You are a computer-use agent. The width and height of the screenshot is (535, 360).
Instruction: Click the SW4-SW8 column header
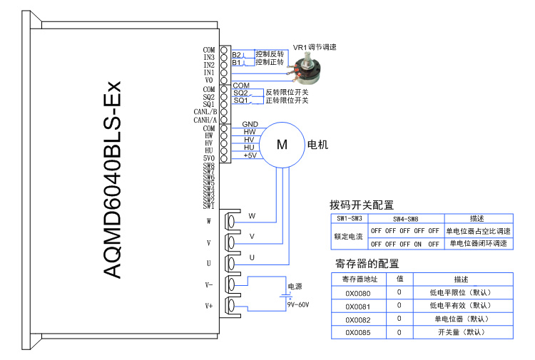[404, 218]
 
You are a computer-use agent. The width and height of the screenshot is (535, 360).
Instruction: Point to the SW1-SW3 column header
[350, 218]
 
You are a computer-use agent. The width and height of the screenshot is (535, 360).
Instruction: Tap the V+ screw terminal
[231, 306]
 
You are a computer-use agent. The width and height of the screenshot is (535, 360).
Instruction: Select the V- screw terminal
[231, 284]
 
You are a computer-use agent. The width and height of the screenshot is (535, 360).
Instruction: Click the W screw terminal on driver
[231, 220]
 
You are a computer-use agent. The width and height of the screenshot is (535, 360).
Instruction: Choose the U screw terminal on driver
[231, 263]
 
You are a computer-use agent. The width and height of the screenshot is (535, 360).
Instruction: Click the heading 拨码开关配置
[362, 205]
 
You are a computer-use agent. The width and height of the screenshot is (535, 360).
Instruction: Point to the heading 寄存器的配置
[367, 262]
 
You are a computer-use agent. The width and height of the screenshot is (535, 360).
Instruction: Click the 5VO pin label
[208, 158]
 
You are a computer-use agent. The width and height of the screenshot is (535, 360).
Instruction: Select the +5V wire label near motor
[250, 155]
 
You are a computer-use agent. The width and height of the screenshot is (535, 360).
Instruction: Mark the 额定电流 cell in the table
[350, 237]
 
